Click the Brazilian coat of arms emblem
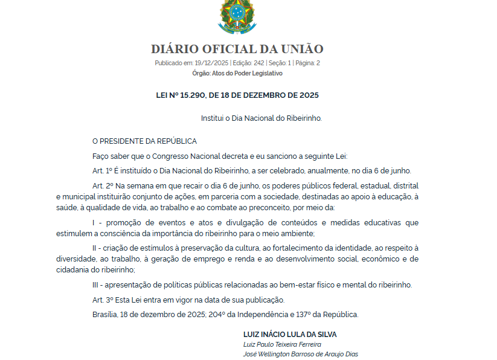237,16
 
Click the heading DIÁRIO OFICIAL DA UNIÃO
237,50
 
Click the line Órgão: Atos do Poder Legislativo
237,73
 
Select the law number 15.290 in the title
191,95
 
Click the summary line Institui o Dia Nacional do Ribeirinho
261,118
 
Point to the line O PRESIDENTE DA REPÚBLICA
144,141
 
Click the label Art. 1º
103,171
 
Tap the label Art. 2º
103,185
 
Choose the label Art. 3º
103,300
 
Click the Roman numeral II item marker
96,248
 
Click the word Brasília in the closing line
105,314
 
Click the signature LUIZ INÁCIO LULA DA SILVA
290,334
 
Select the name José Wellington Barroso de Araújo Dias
300,354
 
